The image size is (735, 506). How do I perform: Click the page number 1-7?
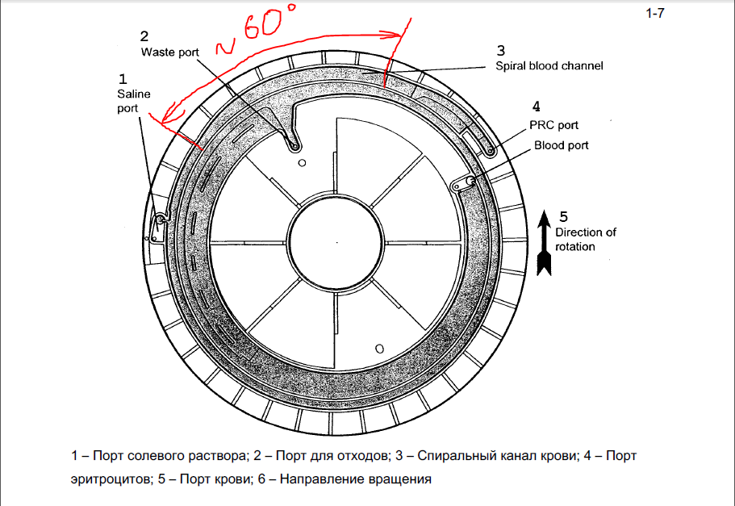click(x=654, y=13)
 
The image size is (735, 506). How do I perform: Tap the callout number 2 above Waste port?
click(x=144, y=36)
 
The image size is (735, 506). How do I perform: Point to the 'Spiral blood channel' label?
click(x=549, y=65)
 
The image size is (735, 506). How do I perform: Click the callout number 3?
click(x=500, y=50)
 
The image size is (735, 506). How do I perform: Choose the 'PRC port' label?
click(x=553, y=125)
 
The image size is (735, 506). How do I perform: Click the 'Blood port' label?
click(x=561, y=145)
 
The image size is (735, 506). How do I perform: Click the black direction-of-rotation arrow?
click(x=544, y=241)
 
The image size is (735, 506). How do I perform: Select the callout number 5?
click(x=563, y=215)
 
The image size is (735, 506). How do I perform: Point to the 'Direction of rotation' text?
click(x=585, y=239)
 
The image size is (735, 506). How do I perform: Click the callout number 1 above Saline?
click(x=123, y=78)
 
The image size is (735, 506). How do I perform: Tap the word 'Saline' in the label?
click(x=129, y=94)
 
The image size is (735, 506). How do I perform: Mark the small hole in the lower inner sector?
click(x=379, y=349)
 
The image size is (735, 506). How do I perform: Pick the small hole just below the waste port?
click(x=302, y=163)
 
